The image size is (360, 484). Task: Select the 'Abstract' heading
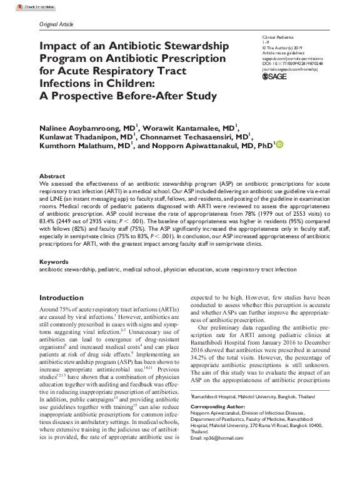click(x=52, y=176)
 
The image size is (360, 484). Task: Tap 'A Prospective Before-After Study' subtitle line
click(x=128, y=96)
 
